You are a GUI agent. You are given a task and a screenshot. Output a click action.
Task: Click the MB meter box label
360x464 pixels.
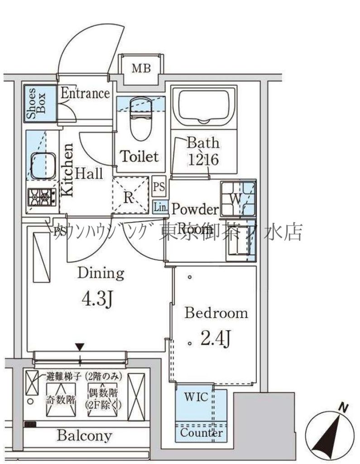[141, 69]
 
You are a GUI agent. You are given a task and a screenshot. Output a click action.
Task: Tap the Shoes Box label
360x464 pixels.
[36, 103]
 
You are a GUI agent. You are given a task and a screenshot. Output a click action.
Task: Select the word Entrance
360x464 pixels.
[85, 93]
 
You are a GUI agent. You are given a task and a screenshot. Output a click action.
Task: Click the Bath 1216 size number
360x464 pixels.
[203, 159]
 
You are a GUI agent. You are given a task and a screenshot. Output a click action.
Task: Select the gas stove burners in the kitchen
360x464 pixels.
[41, 198]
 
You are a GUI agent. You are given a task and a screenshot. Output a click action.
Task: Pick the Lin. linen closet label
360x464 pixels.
[160, 208]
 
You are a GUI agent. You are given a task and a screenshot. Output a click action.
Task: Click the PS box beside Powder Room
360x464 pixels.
[159, 185]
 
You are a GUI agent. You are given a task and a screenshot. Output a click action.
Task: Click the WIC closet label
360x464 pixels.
[196, 397]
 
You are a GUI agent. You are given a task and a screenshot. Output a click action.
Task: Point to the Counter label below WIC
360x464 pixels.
[202, 433]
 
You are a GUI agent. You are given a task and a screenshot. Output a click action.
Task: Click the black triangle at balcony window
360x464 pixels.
[80, 347]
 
